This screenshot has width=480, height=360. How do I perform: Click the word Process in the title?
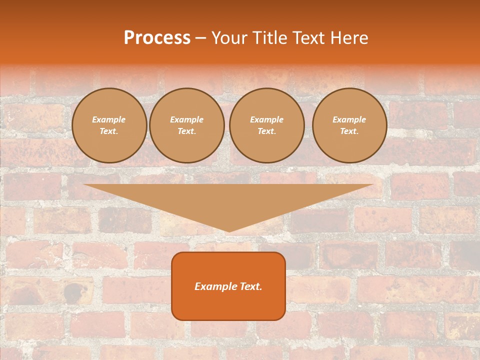[157, 38]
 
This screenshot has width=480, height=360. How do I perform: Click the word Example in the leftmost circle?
[109, 120]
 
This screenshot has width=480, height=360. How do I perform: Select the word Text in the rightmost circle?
[349, 131]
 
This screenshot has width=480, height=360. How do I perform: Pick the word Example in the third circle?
[267, 120]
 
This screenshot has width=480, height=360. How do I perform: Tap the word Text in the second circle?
[186, 131]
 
